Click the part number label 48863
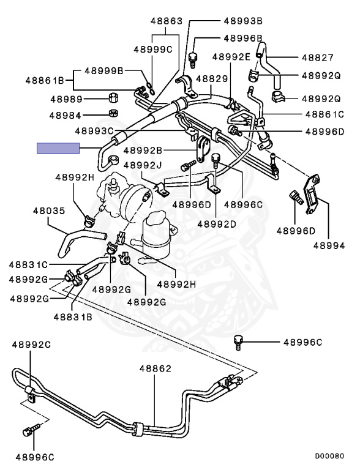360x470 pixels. point(167,21)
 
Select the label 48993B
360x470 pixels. point(243,21)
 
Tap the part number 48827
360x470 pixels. point(318,58)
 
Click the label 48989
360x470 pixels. point(66,99)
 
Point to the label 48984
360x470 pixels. point(65,115)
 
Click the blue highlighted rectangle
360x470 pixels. point(58,148)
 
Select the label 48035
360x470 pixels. point(49,211)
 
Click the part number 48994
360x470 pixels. point(329,245)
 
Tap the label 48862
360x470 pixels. point(156,368)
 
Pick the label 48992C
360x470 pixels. point(31,345)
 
